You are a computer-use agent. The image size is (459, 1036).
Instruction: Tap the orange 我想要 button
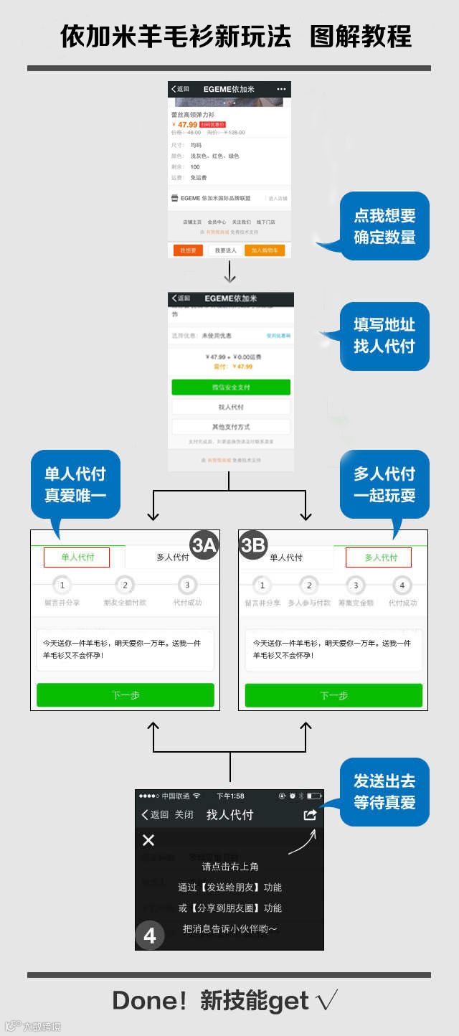[188, 250]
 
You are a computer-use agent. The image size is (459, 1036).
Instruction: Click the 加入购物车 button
[265, 250]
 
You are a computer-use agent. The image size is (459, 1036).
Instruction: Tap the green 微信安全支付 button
[231, 387]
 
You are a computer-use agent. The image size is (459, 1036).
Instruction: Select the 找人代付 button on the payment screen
[231, 407]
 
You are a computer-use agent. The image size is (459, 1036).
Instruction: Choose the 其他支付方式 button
[231, 427]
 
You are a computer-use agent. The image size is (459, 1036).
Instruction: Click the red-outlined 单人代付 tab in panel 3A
[77, 557]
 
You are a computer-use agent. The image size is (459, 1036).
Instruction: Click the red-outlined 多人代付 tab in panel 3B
[379, 557]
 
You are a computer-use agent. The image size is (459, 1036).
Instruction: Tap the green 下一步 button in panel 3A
[126, 695]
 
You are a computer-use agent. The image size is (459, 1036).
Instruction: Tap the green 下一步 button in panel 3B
[333, 695]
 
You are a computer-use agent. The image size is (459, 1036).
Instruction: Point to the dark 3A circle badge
[204, 545]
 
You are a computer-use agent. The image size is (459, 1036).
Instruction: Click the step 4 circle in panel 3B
[402, 585]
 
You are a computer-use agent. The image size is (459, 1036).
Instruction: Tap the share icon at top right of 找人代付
[310, 815]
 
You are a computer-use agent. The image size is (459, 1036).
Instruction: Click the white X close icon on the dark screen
[148, 840]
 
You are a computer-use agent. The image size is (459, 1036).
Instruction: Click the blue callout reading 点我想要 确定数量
[384, 226]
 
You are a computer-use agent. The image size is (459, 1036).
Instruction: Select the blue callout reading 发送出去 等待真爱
[384, 792]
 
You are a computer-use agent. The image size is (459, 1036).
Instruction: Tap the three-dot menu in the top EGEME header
[281, 89]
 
